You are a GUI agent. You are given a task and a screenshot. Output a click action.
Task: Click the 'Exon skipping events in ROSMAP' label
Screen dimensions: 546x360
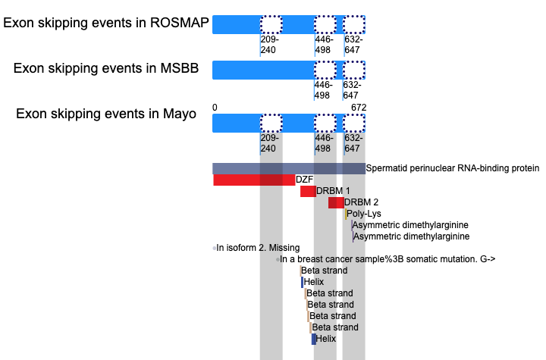106,23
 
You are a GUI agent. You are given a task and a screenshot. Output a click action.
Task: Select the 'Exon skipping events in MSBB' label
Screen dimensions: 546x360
106,68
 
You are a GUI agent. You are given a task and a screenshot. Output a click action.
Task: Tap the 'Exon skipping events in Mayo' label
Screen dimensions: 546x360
106,114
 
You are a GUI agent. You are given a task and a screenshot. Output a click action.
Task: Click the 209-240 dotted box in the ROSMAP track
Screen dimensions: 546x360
271,24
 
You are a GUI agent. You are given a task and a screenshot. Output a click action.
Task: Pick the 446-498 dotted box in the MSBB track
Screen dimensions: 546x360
325,70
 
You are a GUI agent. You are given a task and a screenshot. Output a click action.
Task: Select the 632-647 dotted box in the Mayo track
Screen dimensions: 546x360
354,123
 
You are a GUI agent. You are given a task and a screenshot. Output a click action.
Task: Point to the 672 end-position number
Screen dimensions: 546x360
359,108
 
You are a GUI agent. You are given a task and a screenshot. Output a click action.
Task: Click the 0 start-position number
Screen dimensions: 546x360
215,108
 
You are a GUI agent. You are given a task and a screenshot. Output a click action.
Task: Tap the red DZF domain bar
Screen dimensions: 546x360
254,180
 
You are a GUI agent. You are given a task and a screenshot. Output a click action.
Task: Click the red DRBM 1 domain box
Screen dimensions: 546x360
308,192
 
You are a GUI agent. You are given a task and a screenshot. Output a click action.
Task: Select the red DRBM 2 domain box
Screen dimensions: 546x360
336,202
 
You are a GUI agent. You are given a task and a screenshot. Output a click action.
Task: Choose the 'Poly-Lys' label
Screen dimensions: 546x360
364,214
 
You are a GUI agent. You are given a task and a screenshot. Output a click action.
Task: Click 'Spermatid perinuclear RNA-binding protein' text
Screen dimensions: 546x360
452,168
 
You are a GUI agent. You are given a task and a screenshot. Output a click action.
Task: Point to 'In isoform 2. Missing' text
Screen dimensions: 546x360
258,248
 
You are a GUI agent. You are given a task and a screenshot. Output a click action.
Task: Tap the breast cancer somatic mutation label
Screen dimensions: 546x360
388,259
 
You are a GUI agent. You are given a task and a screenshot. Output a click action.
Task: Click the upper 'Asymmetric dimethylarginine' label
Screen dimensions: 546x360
410,225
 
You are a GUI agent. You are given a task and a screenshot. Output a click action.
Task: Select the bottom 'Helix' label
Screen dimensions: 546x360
326,339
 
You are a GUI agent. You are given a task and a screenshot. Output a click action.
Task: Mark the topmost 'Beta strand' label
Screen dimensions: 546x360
325,271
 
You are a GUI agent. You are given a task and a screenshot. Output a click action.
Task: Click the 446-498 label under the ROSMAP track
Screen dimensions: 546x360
324,45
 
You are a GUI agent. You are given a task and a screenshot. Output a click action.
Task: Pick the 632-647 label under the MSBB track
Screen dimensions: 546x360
352,90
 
